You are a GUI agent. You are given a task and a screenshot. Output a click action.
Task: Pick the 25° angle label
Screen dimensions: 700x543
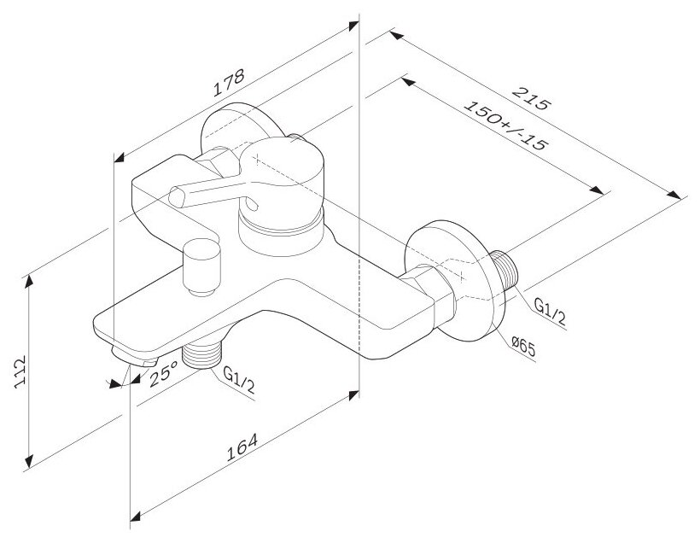162,370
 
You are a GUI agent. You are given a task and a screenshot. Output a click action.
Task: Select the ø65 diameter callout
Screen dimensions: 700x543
522,344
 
